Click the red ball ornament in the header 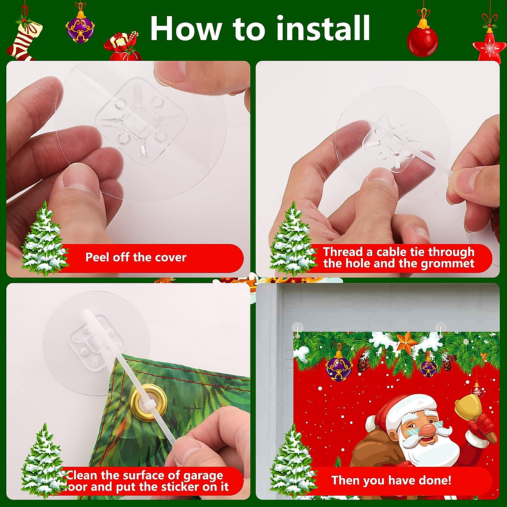coord(422,40)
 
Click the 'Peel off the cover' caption coord(136,257)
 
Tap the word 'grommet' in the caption coord(447,264)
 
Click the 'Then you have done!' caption coord(391,480)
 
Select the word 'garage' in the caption coord(202,475)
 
